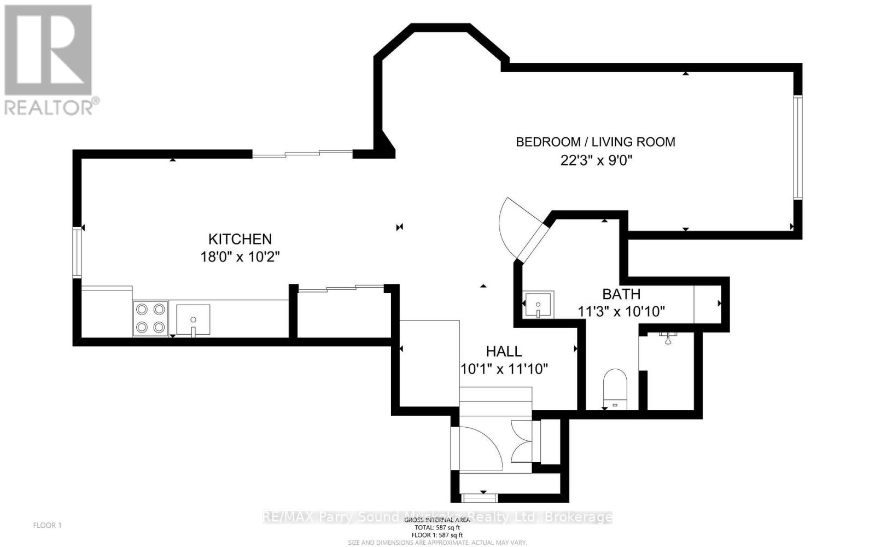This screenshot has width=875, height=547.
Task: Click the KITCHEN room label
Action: point(240,239)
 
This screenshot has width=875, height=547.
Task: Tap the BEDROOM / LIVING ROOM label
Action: point(596,142)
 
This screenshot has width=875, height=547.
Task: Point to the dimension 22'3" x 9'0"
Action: point(596,160)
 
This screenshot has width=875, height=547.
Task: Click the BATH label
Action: point(621,294)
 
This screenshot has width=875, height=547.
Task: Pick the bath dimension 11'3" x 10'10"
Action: point(621,312)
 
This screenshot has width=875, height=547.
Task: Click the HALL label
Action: point(504,351)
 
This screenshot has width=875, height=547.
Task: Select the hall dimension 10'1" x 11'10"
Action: point(504,369)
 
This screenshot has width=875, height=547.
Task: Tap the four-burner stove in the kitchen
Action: point(150,318)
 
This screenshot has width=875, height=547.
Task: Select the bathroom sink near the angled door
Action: point(538,304)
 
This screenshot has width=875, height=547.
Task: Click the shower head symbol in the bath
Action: point(668,338)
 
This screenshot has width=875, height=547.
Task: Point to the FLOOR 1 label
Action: point(48,525)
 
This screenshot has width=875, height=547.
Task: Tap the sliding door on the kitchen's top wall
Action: point(302,154)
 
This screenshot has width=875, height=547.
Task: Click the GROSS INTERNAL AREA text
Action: point(437,520)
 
